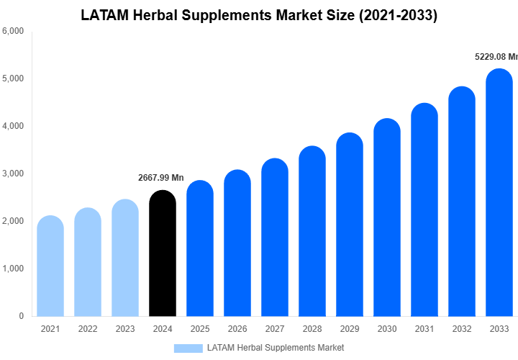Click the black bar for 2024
[162, 253]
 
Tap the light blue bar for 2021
[50, 266]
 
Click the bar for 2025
[199, 249]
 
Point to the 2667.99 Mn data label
[161, 178]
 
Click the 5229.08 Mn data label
[496, 56]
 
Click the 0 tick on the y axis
[21, 316]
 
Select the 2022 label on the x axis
[88, 329]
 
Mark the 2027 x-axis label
[275, 329]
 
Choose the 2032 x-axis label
[462, 329]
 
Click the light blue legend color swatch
[188, 348]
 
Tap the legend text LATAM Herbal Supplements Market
[276, 348]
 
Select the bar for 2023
[125, 258]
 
